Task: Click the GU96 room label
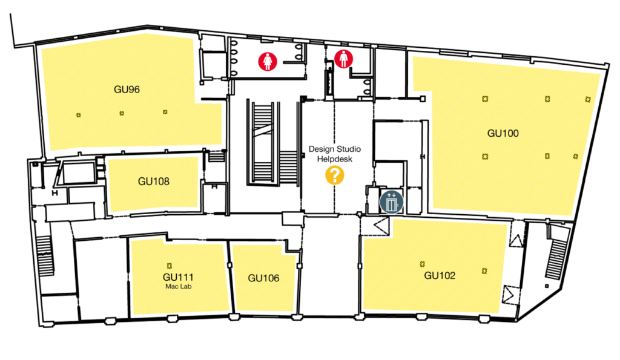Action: (127, 90)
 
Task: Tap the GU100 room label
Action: (503, 133)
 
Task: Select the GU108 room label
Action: (153, 181)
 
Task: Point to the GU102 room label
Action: (440, 276)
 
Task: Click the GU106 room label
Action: (263, 278)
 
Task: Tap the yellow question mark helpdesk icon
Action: (334, 176)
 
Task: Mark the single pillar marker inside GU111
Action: (170, 264)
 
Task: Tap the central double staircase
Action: (273, 143)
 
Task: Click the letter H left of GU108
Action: (54, 194)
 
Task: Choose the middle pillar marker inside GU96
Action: (121, 113)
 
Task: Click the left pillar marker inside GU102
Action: (423, 263)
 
